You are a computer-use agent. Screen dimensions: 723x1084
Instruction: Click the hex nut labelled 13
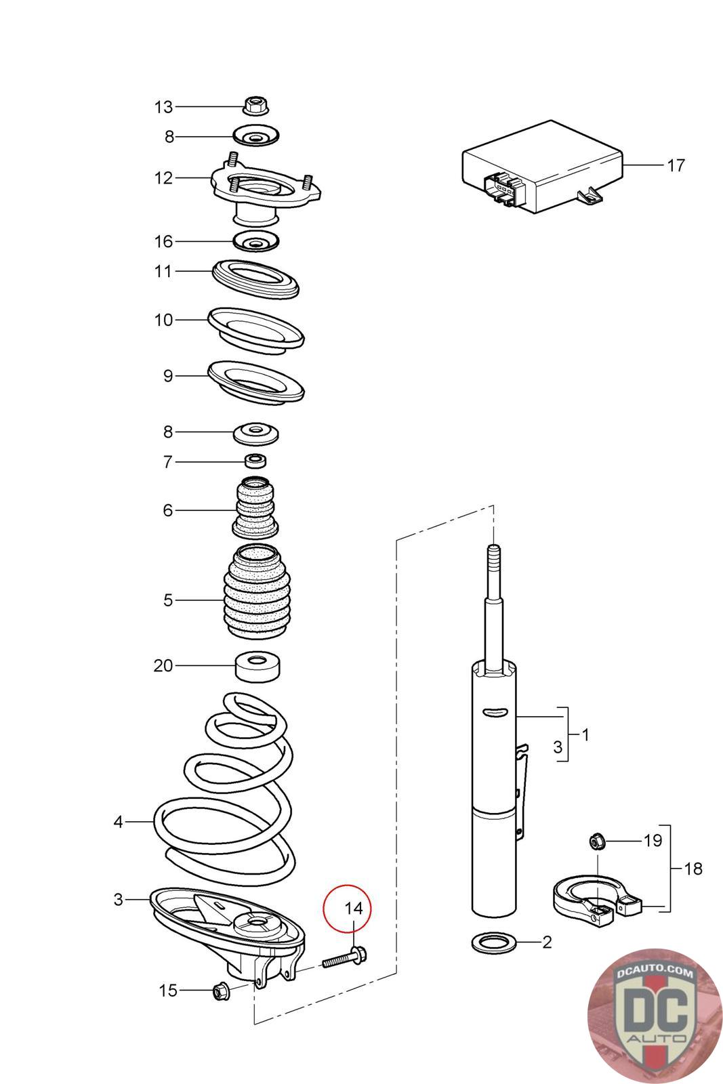coord(256,106)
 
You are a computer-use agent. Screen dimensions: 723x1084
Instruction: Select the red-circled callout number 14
coord(354,909)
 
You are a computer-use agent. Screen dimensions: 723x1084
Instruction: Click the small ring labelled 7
coord(255,461)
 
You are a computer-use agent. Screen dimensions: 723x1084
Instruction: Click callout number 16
coord(163,241)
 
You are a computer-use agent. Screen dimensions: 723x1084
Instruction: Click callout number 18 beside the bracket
coord(693,868)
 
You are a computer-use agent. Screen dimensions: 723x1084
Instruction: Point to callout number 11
coord(163,271)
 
